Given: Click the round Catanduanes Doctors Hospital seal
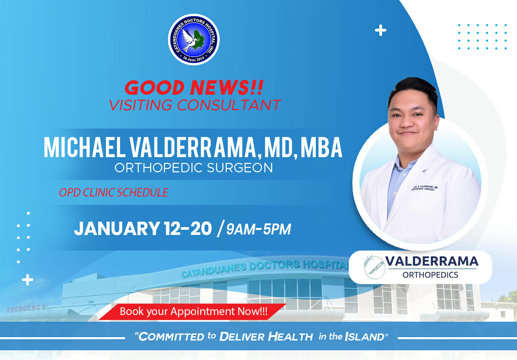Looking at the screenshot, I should pyautogui.click(x=193, y=40).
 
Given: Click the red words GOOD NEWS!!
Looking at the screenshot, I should pyautogui.click(x=194, y=87).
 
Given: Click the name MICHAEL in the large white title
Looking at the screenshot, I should pyautogui.click(x=84, y=147).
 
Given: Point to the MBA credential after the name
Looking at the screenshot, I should pyautogui.click(x=321, y=147).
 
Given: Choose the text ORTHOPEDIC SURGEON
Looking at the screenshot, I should pyautogui.click(x=193, y=168).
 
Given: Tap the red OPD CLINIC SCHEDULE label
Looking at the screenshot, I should pyautogui.click(x=114, y=192).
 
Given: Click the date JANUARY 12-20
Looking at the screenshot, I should pyautogui.click(x=143, y=228).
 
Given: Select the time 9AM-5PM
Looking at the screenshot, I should pyautogui.click(x=258, y=229).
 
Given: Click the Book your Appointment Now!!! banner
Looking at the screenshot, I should pyautogui.click(x=193, y=311).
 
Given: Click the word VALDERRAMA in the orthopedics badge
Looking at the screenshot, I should pyautogui.click(x=432, y=261).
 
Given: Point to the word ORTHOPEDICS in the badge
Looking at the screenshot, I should pyautogui.click(x=430, y=275).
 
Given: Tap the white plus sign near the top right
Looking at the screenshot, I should pyautogui.click(x=380, y=31).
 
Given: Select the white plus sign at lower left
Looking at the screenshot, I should pyautogui.click(x=28, y=280).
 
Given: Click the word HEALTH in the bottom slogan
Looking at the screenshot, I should pyautogui.click(x=290, y=336).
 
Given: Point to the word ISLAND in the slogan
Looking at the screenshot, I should pyautogui.click(x=364, y=336).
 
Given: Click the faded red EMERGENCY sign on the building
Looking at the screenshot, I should pyautogui.click(x=27, y=308).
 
